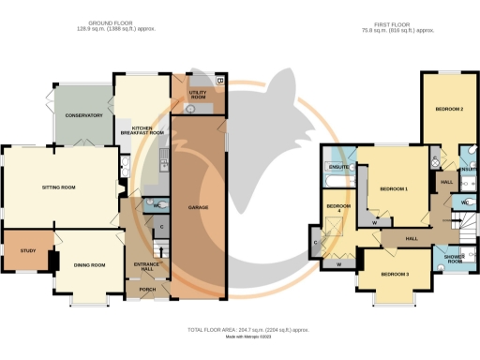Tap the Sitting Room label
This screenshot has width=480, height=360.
click(58, 187)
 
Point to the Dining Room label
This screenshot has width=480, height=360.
click(90, 265)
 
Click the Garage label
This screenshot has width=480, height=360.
click(198, 206)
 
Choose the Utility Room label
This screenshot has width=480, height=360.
click(198, 95)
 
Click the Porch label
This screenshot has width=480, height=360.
click(149, 288)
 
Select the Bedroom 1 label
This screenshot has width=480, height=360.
click(394, 188)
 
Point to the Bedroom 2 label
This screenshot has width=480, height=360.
click(449, 110)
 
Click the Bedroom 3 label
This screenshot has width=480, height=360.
click(395, 274)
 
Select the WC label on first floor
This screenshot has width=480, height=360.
click(465, 201)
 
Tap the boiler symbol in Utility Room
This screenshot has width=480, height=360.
click(219, 82)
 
